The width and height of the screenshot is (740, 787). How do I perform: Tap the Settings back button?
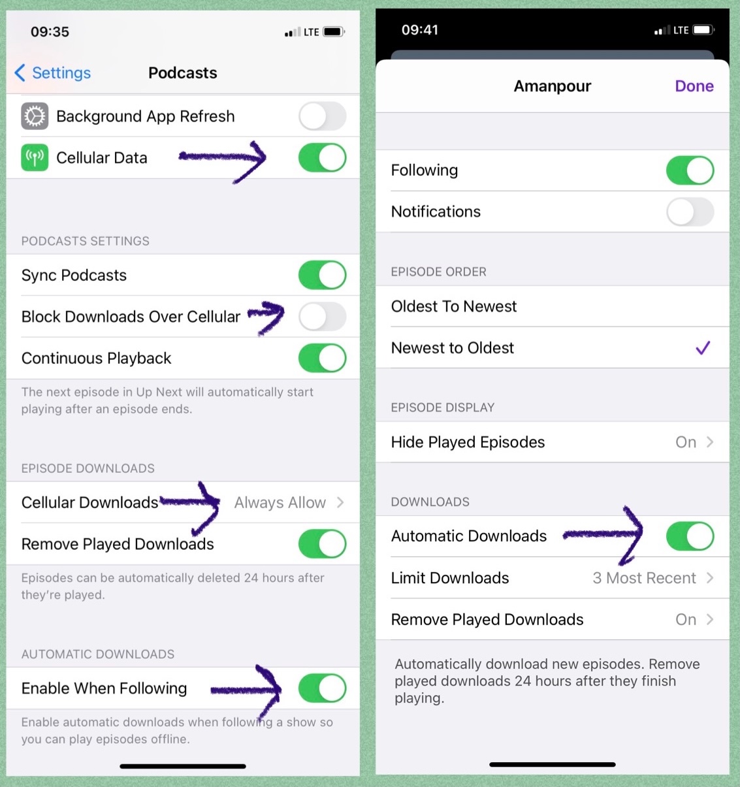coord(52,73)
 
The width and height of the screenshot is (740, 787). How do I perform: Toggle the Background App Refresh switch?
coord(322,116)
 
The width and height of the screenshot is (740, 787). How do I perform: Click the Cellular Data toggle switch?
coord(322,157)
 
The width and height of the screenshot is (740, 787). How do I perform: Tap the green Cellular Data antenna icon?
coord(35,157)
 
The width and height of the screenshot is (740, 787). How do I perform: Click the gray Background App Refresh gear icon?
coord(35,116)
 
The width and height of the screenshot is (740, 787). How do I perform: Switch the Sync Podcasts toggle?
coord(322,275)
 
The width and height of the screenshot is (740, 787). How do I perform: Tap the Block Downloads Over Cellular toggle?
coord(322,317)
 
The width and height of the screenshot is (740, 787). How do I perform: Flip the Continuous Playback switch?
coord(322,358)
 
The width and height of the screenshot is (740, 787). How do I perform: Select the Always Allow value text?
coord(280,502)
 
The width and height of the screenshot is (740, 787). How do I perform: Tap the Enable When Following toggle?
coord(322,688)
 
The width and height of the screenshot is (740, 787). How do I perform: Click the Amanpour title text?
coord(552,86)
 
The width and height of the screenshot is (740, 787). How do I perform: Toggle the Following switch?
coord(690,170)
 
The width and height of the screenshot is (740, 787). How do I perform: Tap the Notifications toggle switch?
coord(690,212)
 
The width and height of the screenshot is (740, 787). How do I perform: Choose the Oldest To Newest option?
coord(454,306)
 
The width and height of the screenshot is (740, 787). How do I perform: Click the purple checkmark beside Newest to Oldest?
coord(703,348)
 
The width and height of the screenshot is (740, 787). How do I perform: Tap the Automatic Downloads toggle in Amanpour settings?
coord(690,536)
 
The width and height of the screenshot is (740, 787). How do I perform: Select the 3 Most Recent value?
coord(644,578)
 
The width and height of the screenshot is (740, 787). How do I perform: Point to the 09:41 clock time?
coord(420,30)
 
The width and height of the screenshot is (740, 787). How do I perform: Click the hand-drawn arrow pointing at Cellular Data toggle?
coord(222,157)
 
